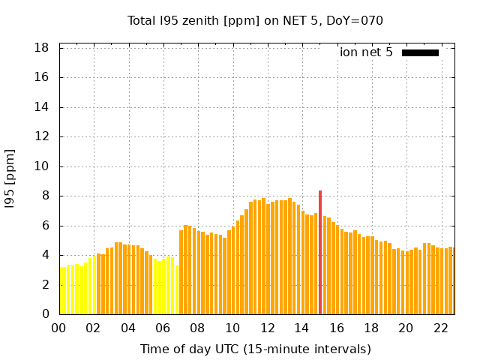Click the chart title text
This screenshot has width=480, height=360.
pyautogui.click(x=255, y=21)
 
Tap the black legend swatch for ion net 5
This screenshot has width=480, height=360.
pyautogui.click(x=420, y=52)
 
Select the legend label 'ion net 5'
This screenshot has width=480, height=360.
pyautogui.click(x=366, y=52)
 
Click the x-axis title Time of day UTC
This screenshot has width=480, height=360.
pyautogui.click(x=255, y=349)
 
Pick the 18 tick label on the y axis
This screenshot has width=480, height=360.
pyautogui.click(x=42, y=48)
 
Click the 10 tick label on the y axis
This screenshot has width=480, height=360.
pyautogui.click(x=42, y=166)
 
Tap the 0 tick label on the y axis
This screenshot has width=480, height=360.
pyautogui.click(x=45, y=314)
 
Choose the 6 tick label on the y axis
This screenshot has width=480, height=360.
pyautogui.click(x=45, y=226)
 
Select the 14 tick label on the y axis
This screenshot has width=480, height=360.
pyautogui.click(x=42, y=107)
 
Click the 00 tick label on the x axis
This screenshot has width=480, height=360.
pyautogui.click(x=59, y=328)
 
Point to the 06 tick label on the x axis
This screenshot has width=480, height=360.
pyautogui.click(x=163, y=328)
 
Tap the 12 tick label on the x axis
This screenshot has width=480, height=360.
pyautogui.click(x=267, y=328)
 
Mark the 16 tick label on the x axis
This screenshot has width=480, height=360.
pyautogui.click(x=337, y=328)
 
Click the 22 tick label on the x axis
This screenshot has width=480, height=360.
pyautogui.click(x=440, y=328)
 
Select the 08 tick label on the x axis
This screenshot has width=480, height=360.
pyautogui.click(x=198, y=328)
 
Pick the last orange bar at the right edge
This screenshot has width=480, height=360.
pyautogui.click(x=451, y=281)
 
